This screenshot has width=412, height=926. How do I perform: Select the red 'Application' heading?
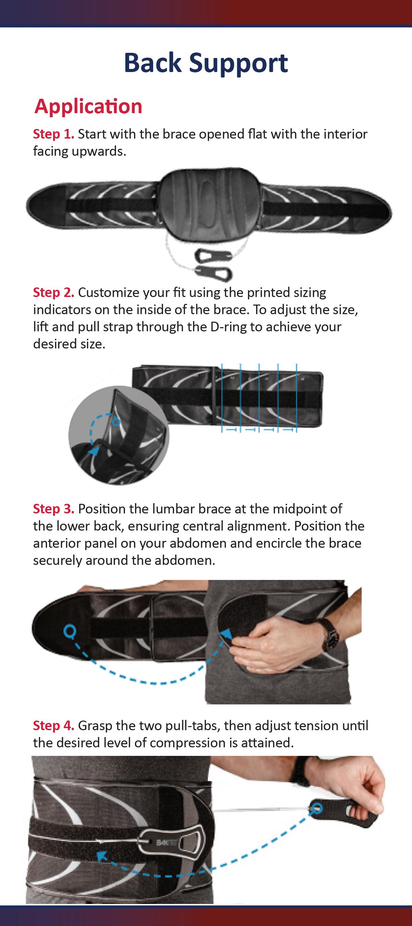[x=89, y=107]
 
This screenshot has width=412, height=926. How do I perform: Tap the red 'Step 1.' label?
[x=54, y=134]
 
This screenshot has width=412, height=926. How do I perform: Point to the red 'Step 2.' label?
[x=54, y=292]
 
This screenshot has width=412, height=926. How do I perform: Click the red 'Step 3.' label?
[x=54, y=509]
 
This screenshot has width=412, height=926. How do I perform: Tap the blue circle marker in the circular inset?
[x=115, y=421]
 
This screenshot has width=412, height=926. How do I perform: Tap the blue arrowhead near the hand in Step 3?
[x=226, y=634]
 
